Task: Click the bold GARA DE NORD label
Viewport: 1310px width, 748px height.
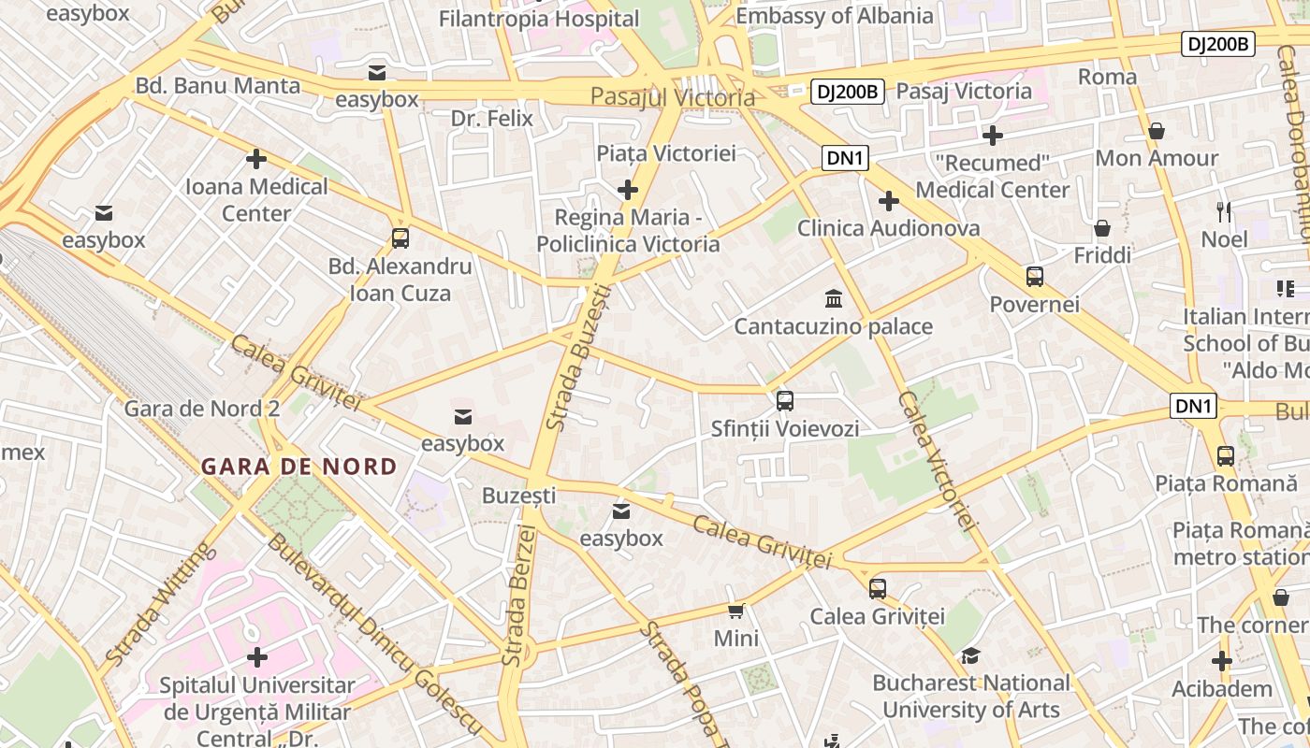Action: pyautogui.click(x=299, y=466)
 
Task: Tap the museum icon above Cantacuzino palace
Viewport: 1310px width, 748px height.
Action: pyautogui.click(x=833, y=299)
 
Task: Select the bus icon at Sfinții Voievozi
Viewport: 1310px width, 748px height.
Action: pyautogui.click(x=785, y=401)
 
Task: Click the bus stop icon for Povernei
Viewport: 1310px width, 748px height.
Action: pyautogui.click(x=1035, y=277)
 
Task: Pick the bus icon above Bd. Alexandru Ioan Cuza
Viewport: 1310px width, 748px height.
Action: pyautogui.click(x=400, y=238)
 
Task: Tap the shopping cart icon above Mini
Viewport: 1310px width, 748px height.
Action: pyautogui.click(x=736, y=611)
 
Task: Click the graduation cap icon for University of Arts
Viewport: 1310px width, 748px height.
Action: pyautogui.click(x=971, y=655)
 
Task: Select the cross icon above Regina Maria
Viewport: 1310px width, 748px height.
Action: pyautogui.click(x=628, y=191)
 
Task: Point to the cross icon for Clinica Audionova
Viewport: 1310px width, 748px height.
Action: pyautogui.click(x=889, y=201)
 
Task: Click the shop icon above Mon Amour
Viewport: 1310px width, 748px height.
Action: pyautogui.click(x=1157, y=131)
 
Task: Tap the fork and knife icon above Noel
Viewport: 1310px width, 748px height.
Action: pyautogui.click(x=1223, y=212)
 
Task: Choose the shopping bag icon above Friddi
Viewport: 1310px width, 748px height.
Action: pyautogui.click(x=1102, y=228)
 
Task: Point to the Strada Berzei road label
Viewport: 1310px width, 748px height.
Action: pyautogui.click(x=519, y=596)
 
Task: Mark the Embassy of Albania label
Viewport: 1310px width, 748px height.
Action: pyautogui.click(x=835, y=16)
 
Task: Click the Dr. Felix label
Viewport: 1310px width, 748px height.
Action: pyautogui.click(x=491, y=119)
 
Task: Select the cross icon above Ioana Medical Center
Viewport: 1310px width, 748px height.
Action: pyautogui.click(x=256, y=159)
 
